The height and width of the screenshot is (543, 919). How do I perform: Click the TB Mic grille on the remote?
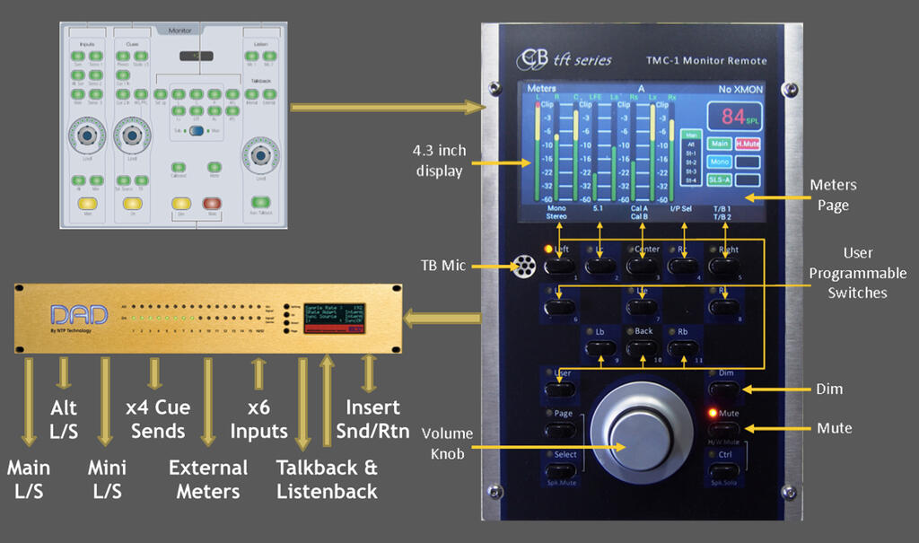522,266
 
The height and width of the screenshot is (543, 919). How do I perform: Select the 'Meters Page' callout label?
832,194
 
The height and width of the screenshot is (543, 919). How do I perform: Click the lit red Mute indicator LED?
713,414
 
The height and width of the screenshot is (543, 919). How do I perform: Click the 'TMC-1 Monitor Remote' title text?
706,60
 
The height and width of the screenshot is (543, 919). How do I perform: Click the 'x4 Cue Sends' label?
158,419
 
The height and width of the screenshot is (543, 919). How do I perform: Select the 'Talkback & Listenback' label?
327,479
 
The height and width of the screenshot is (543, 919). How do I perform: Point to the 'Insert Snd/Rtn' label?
377,419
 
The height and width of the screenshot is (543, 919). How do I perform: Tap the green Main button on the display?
719,144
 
